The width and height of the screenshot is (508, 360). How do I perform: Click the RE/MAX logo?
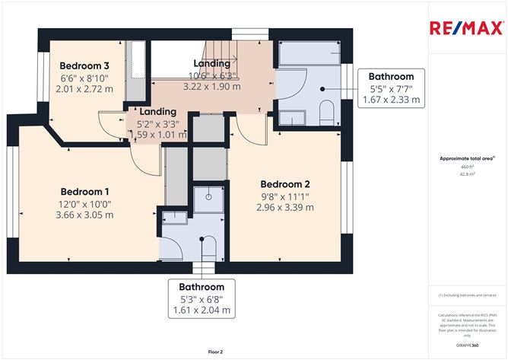pyautogui.click(x=467, y=28)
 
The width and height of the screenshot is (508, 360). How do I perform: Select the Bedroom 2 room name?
pyautogui.click(x=286, y=184)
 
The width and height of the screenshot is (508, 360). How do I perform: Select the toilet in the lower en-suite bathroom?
pyautogui.click(x=208, y=248)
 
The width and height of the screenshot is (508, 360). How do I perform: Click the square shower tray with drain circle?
pyautogui.click(x=205, y=200)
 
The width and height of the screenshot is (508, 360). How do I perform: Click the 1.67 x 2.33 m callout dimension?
pyautogui.click(x=391, y=100)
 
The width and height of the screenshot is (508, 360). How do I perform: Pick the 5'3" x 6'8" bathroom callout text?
pyautogui.click(x=201, y=299)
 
